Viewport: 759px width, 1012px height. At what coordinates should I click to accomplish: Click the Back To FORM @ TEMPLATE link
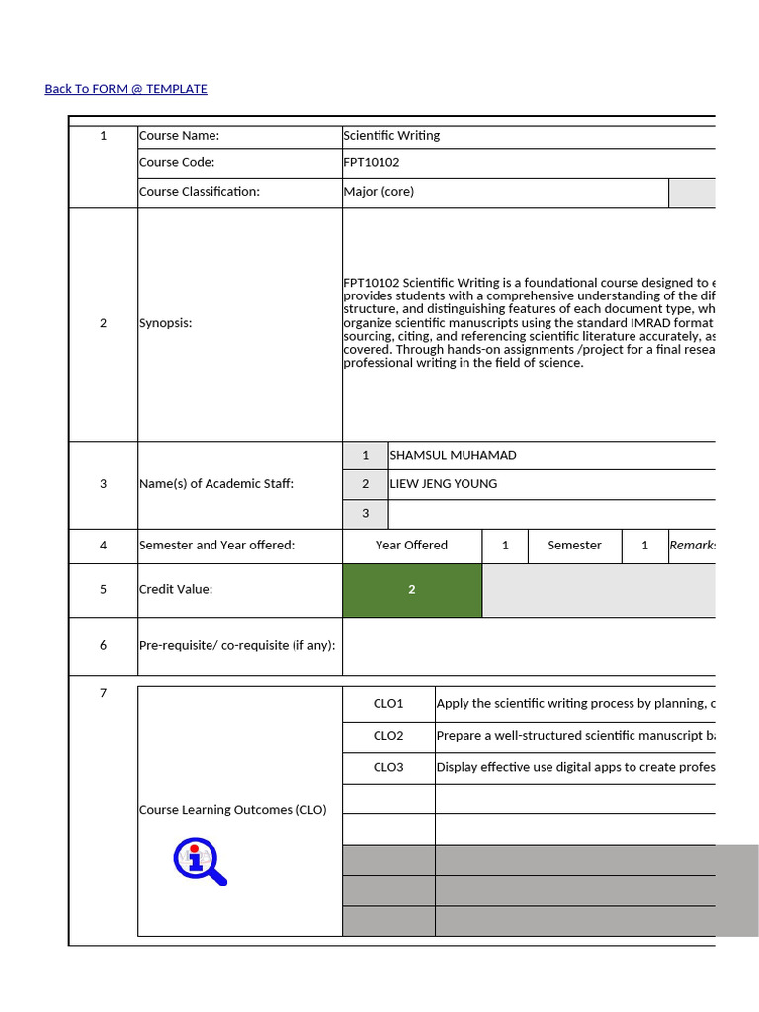tap(126, 89)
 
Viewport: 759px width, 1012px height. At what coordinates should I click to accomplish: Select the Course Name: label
tap(179, 136)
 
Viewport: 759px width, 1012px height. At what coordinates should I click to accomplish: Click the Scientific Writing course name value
tap(391, 136)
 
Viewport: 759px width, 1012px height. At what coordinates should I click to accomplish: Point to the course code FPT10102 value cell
tap(372, 163)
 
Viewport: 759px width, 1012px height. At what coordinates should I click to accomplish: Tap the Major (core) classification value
tap(379, 192)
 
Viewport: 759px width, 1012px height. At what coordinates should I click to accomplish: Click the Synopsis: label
tap(165, 323)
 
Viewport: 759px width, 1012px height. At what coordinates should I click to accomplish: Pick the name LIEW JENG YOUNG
tap(443, 484)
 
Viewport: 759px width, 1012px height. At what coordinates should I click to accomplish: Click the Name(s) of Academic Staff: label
tap(215, 484)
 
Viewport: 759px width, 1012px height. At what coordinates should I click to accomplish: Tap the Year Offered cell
tap(411, 546)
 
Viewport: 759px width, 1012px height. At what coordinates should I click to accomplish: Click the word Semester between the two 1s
tap(574, 546)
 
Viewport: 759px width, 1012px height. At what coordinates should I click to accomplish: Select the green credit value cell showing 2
tap(411, 590)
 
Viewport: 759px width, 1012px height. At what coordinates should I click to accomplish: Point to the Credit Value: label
tap(176, 590)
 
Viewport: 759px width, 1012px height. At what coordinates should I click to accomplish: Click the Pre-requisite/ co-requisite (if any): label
tap(237, 646)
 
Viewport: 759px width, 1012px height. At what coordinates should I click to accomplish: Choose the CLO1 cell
tap(388, 704)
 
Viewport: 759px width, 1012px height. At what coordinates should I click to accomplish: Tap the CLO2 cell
tap(388, 736)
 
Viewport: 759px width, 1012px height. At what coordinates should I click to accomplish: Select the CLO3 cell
tap(388, 768)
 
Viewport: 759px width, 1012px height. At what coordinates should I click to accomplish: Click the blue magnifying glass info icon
tap(200, 861)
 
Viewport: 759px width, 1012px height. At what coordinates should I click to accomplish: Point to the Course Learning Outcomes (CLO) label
tap(232, 810)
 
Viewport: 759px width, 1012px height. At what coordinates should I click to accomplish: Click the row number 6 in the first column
tap(103, 646)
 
